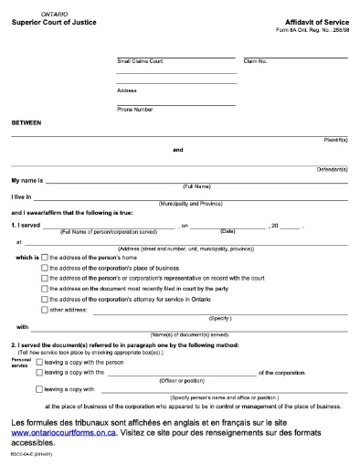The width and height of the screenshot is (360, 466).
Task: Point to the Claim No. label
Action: point(255,61)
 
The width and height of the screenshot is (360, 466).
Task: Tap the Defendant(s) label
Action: point(333,170)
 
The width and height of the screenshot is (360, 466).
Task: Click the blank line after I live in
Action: point(192,196)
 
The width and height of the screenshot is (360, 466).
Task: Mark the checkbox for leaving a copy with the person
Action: point(38,362)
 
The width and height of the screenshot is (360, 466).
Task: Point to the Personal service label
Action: point(20,363)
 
